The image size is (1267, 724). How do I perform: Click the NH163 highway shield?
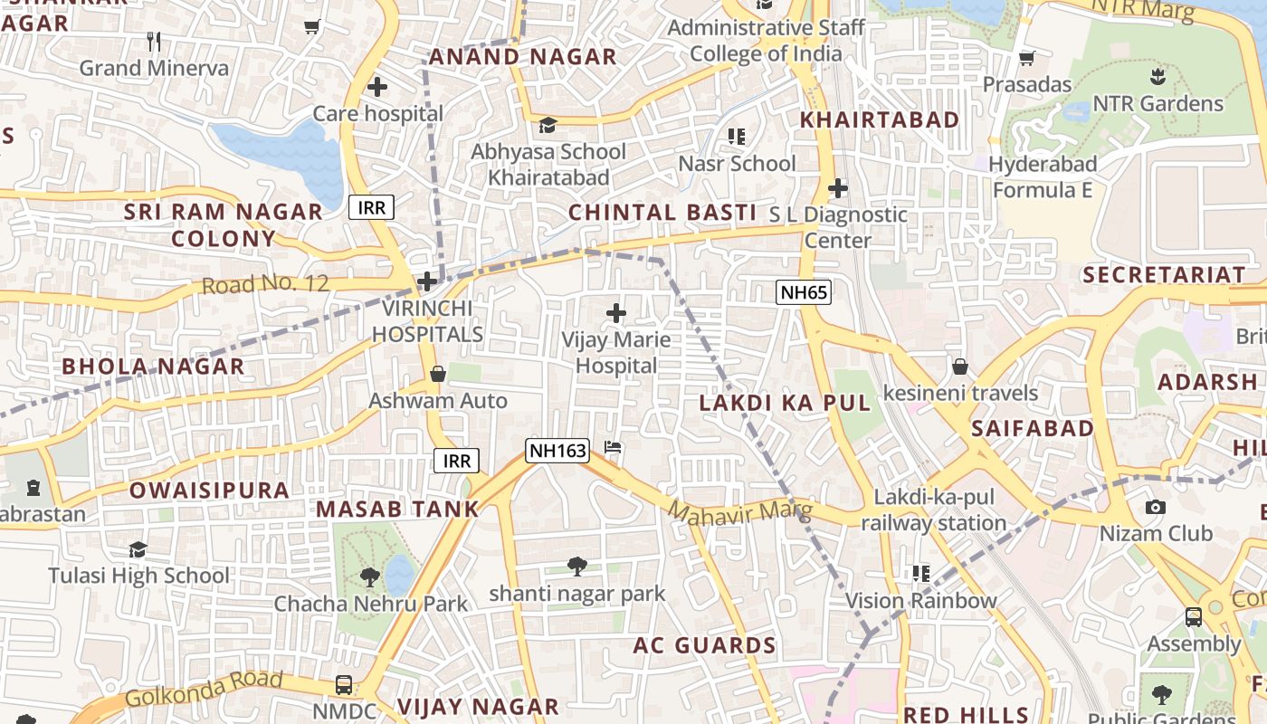click(557, 450)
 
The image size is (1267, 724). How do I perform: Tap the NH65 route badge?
click(803, 291)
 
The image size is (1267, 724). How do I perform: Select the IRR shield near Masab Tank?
click(456, 461)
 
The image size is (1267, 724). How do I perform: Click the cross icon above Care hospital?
click(377, 87)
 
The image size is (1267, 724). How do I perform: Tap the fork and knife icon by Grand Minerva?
click(154, 41)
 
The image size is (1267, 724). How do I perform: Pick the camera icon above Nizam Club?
click(1155, 507)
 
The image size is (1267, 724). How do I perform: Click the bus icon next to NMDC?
click(344, 684)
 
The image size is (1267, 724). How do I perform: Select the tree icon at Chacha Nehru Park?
click(369, 576)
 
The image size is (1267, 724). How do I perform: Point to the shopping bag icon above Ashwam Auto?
click(438, 374)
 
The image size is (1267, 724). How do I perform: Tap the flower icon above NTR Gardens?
click(1157, 76)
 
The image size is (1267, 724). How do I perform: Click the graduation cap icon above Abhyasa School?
click(548, 125)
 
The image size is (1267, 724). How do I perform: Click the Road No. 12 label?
click(265, 284)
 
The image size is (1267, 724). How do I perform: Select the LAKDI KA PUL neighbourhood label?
click(785, 404)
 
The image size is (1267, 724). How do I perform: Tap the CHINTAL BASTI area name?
click(662, 213)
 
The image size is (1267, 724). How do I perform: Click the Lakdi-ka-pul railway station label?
click(933, 510)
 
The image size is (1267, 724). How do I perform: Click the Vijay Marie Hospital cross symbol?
click(616, 314)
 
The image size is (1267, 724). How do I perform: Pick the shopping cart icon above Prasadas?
click(1026, 59)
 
